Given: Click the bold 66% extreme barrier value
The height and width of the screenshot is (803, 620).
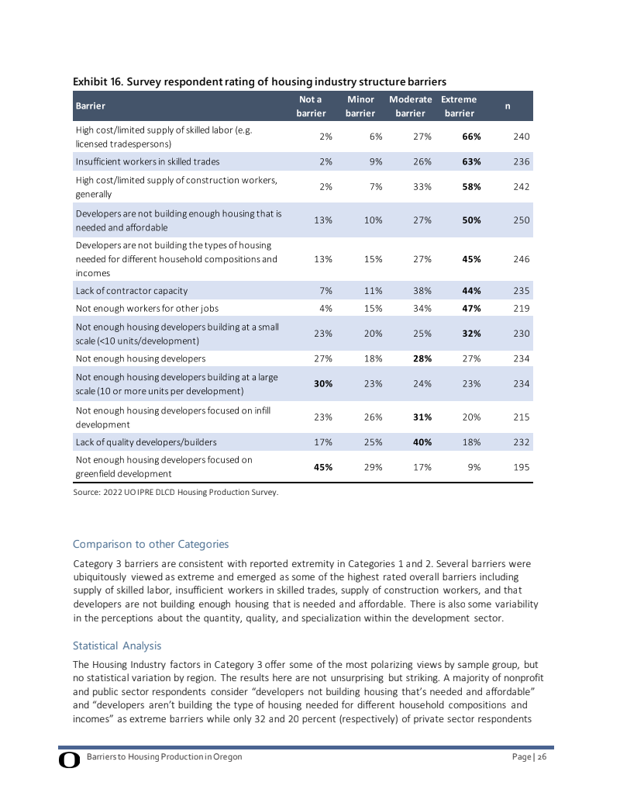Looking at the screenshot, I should [x=472, y=137].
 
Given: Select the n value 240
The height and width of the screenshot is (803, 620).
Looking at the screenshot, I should [x=521, y=137].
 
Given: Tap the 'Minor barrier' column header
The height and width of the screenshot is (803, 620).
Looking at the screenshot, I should [x=360, y=106].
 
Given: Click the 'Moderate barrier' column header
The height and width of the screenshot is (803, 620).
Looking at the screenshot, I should [x=410, y=106].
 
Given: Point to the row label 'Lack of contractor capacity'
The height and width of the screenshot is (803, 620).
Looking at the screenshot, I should [x=131, y=291].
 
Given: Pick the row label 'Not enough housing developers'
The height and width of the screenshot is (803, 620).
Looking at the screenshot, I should [x=140, y=358].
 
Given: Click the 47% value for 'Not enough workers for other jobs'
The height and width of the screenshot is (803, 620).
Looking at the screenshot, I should [x=472, y=308].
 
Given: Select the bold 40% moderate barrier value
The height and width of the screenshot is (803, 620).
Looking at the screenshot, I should [x=422, y=442].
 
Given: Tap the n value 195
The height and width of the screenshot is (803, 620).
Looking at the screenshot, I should [x=521, y=467].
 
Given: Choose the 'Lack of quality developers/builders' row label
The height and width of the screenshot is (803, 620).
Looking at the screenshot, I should [x=146, y=442].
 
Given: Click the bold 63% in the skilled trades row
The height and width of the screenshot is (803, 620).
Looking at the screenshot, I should [x=472, y=161].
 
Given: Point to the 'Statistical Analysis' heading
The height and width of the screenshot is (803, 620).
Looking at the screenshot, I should [x=117, y=646].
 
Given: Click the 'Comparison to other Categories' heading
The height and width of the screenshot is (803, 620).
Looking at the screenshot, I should [x=150, y=544].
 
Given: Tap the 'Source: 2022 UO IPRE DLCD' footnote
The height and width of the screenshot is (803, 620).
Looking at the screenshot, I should [x=175, y=492].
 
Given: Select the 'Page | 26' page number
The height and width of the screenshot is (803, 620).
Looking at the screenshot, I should [x=529, y=756].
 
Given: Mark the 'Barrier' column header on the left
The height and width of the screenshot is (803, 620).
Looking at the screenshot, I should [x=90, y=106].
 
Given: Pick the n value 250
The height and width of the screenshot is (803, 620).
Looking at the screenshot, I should [x=521, y=220].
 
